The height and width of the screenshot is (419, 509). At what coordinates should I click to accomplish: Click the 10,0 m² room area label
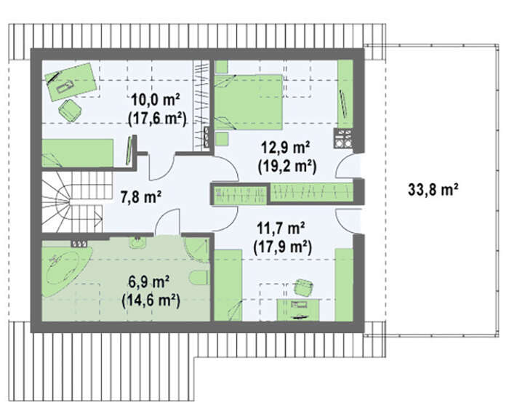tap(156, 100)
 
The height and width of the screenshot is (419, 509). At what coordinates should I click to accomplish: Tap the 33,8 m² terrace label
tap(433, 189)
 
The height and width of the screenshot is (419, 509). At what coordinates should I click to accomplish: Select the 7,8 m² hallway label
tap(141, 196)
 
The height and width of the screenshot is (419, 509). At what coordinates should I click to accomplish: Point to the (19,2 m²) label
tap(287, 167)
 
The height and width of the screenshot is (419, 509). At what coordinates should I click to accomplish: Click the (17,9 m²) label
tap(282, 247)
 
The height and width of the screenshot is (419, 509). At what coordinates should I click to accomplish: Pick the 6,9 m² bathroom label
tap(149, 282)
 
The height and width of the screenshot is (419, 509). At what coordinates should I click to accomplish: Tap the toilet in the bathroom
tap(199, 277)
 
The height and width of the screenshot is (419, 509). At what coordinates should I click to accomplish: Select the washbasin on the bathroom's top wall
tap(138, 242)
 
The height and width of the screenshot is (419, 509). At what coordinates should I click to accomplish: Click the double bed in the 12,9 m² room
tap(249, 103)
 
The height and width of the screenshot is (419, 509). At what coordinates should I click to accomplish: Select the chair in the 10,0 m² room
tap(70, 111)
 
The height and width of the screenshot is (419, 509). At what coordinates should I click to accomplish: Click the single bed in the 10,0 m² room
tap(78, 153)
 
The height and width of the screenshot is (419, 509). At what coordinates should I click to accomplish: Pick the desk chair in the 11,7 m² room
tap(304, 287)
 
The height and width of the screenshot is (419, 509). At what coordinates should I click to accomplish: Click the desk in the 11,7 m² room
tap(297, 310)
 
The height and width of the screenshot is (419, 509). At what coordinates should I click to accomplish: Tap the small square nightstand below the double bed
tap(222, 139)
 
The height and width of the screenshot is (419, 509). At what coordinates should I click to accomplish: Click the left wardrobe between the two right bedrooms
tap(241, 194)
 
